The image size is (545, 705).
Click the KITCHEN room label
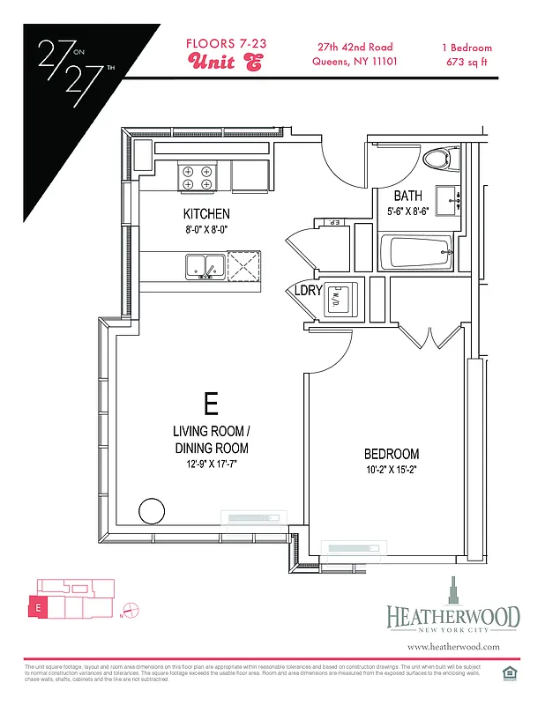click(x=206, y=214)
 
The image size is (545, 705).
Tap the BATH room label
click(x=407, y=196)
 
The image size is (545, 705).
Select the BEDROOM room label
click(x=392, y=454)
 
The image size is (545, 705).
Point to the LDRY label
click(x=308, y=291)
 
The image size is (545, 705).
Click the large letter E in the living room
click(x=211, y=404)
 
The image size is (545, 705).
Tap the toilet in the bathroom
click(x=438, y=159)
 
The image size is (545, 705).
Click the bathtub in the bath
click(x=415, y=253)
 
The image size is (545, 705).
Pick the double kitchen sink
click(x=204, y=265)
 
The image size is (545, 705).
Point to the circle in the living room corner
click(x=152, y=510)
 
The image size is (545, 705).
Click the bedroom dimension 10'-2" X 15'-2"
click(x=392, y=471)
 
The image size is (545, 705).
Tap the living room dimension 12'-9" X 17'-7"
click(x=211, y=462)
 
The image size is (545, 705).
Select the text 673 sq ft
click(x=467, y=62)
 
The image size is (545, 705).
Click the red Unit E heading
click(x=225, y=63)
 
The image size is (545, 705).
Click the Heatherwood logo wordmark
click(x=452, y=617)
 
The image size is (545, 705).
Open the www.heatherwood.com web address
click(x=453, y=647)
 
